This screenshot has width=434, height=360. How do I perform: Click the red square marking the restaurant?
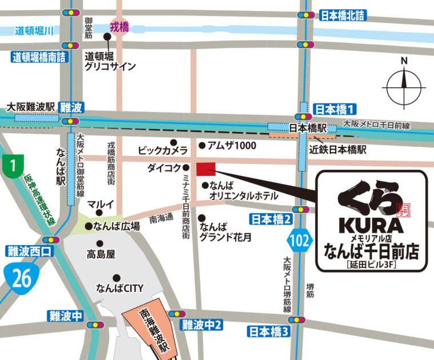coord(206,169)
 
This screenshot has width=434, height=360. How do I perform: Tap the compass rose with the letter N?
coord(404,86)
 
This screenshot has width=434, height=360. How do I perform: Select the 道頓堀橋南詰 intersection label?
coord(39,57)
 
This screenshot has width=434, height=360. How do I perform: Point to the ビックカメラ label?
coord(163,150)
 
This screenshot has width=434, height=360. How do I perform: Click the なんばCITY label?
coord(120,288)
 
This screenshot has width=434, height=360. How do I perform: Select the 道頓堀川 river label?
coord(34,31)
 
